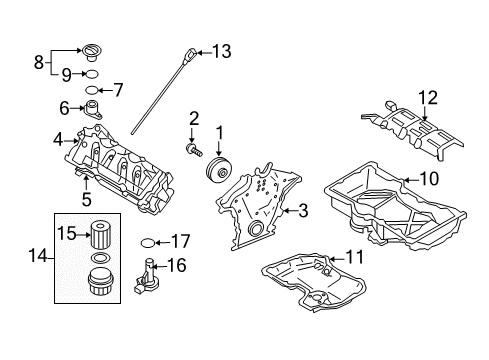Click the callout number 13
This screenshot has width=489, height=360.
coord(221,50)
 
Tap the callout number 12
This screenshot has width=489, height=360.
coord(430,97)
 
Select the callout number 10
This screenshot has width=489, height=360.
coord(429,179)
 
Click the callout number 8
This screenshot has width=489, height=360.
coord(40,60)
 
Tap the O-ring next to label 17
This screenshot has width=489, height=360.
coord(148,241)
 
